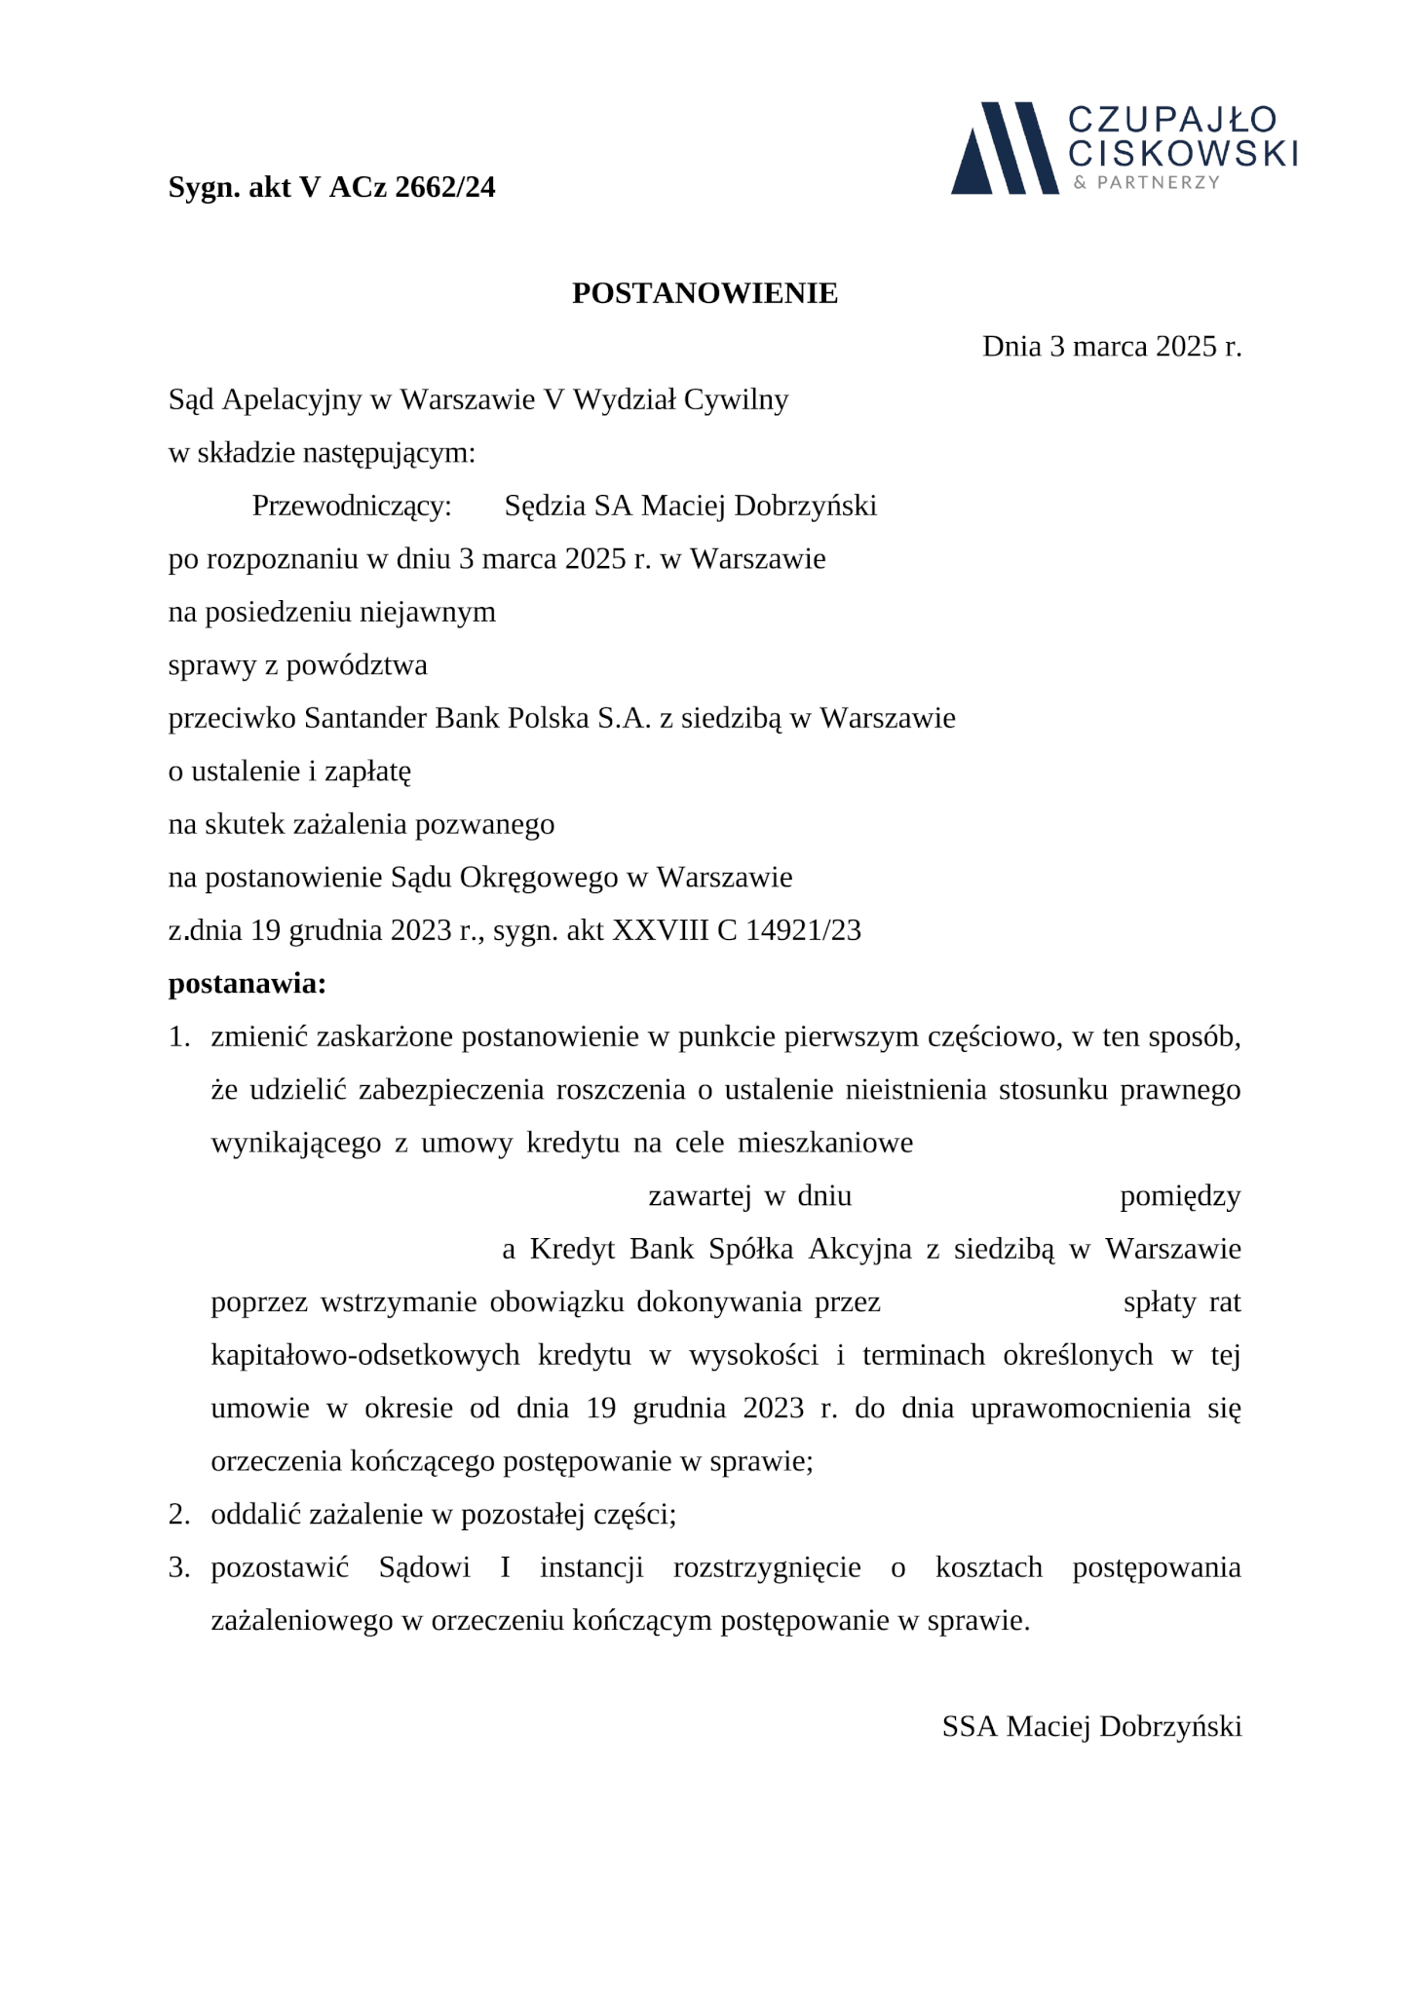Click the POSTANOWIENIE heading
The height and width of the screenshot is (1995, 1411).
(x=705, y=293)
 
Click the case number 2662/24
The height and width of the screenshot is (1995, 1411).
(x=445, y=187)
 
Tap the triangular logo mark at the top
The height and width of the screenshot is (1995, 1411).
(x=1004, y=148)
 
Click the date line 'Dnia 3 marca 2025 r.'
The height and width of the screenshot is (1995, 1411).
(x=1111, y=347)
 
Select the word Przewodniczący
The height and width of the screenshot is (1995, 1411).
(x=352, y=507)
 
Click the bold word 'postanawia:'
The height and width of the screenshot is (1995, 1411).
(x=247, y=984)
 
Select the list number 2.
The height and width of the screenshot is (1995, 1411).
(x=178, y=1514)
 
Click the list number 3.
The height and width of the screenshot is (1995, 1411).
(x=178, y=1567)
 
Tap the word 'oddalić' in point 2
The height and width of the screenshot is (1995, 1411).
(x=255, y=1514)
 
